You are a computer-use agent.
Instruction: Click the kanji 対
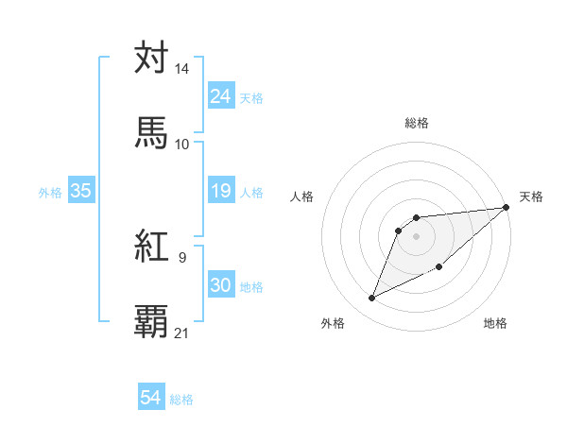[151, 58]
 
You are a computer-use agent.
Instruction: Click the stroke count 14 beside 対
[182, 69]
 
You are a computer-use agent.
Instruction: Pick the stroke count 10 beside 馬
[182, 144]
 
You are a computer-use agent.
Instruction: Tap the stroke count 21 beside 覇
[182, 333]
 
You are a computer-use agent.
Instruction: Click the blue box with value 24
[220, 96]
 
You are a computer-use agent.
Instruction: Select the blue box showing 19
[220, 192]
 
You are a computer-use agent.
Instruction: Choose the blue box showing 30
[220, 286]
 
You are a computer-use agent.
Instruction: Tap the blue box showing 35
[81, 192]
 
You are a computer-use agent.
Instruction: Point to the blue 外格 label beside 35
[50, 193]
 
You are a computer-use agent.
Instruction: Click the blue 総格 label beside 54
[181, 400]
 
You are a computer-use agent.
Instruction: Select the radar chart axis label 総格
[417, 123]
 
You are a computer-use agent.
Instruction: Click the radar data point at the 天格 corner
[507, 208]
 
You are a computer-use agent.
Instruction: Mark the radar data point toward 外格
[371, 299]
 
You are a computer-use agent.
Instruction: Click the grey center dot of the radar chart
[417, 235]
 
